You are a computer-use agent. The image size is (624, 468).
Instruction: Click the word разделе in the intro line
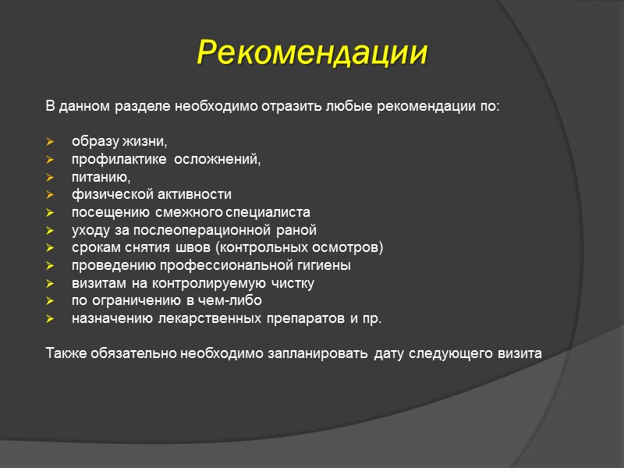click(x=149, y=105)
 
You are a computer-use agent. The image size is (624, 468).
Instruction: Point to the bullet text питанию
click(x=101, y=177)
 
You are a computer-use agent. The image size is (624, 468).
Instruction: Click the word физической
click(x=105, y=194)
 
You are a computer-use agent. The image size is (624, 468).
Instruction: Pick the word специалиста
click(x=274, y=212)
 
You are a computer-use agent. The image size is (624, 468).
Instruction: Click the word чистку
click(x=292, y=284)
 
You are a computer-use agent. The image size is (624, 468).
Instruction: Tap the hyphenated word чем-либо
click(x=234, y=301)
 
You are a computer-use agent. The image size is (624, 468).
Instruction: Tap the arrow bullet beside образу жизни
click(x=51, y=142)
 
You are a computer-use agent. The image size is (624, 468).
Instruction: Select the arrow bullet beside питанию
click(x=51, y=177)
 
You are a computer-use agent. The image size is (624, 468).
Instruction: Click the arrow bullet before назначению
click(x=51, y=319)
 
